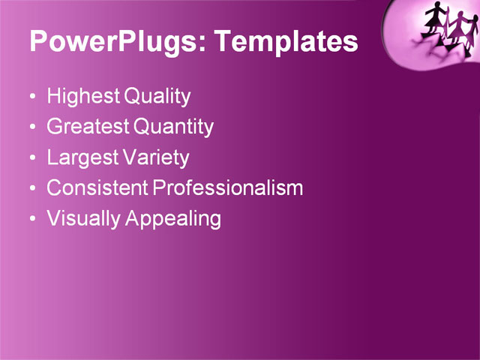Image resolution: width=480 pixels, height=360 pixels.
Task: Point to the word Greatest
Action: (88, 127)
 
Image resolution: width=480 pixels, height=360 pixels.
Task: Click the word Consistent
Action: (97, 188)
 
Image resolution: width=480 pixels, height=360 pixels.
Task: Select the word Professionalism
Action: (228, 188)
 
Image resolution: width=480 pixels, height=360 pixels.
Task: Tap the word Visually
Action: (83, 219)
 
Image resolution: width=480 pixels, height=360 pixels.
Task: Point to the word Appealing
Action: (173, 219)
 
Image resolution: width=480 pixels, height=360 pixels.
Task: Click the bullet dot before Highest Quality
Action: (31, 98)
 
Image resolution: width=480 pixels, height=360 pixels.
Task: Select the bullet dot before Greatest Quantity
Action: (31, 128)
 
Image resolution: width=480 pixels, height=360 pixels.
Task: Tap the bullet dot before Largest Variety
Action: (31, 159)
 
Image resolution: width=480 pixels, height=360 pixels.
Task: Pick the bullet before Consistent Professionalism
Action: (31, 190)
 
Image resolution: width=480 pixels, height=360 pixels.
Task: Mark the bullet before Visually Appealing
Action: (31, 220)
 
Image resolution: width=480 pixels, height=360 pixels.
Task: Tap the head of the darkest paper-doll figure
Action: (434, 7)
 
